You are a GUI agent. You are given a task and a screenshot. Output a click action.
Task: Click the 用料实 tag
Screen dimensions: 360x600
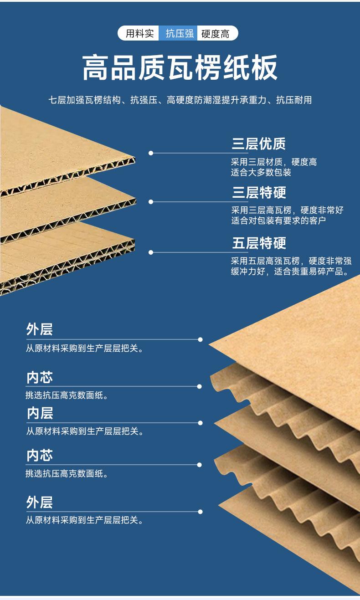139,33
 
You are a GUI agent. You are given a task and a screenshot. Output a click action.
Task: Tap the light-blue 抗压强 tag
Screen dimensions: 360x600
179,33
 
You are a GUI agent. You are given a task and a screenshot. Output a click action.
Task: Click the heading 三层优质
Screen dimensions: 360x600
259,144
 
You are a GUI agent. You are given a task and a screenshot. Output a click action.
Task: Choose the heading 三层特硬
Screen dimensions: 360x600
259,193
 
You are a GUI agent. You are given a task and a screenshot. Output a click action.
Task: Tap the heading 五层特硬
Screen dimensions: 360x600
259,243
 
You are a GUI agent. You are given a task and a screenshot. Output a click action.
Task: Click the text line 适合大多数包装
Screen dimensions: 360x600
261,173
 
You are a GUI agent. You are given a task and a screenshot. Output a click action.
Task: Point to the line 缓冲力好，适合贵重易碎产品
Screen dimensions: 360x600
290,272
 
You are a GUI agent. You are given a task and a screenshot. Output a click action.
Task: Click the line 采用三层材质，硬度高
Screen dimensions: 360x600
273,162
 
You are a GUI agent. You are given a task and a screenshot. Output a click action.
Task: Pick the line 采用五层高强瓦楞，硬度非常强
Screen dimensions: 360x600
291,261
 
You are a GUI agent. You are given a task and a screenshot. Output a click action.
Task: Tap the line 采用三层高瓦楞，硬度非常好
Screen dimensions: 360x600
287,210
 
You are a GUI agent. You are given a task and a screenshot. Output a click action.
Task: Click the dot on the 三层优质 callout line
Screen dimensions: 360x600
151,153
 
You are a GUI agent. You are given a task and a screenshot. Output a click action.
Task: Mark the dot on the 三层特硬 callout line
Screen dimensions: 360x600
151,201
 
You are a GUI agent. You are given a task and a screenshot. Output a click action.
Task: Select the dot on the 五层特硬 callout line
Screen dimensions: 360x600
151,252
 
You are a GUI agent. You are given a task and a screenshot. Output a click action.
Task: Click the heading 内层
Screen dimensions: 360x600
40,413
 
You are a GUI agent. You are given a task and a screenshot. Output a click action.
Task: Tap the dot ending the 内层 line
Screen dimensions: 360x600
200,423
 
